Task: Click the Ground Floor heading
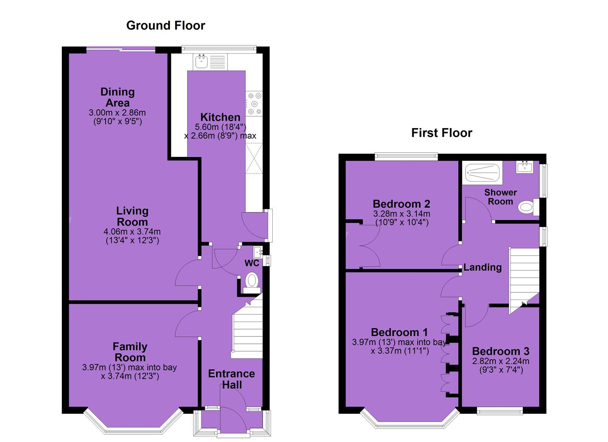click(x=165, y=25)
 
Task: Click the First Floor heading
click(x=442, y=133)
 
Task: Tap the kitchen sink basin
click(x=201, y=61)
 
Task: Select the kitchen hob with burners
click(x=254, y=104)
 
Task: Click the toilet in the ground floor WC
click(x=252, y=282)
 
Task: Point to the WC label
click(x=252, y=263)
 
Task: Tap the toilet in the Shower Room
click(x=528, y=207)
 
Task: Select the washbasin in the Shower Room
click(x=524, y=167)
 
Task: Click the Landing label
click(x=482, y=267)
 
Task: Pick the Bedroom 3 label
click(x=501, y=352)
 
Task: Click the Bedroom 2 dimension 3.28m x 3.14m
click(x=402, y=214)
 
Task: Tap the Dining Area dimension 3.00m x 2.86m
click(x=117, y=113)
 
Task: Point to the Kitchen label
click(x=220, y=117)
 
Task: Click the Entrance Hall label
click(x=231, y=379)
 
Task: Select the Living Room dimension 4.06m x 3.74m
click(x=132, y=232)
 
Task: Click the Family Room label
click(x=130, y=352)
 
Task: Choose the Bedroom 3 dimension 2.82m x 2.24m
click(x=501, y=361)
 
